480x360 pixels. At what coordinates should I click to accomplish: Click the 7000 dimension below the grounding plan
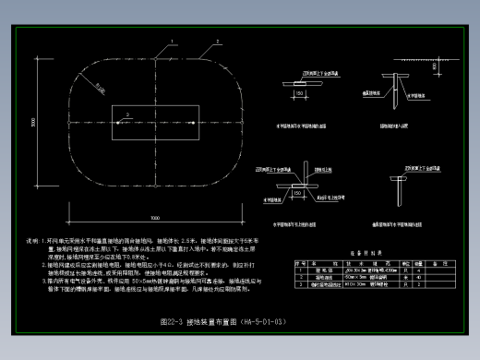pos(154,218)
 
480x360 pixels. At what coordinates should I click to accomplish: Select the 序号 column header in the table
pos(300,262)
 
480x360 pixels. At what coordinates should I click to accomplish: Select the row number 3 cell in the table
pos(300,282)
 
